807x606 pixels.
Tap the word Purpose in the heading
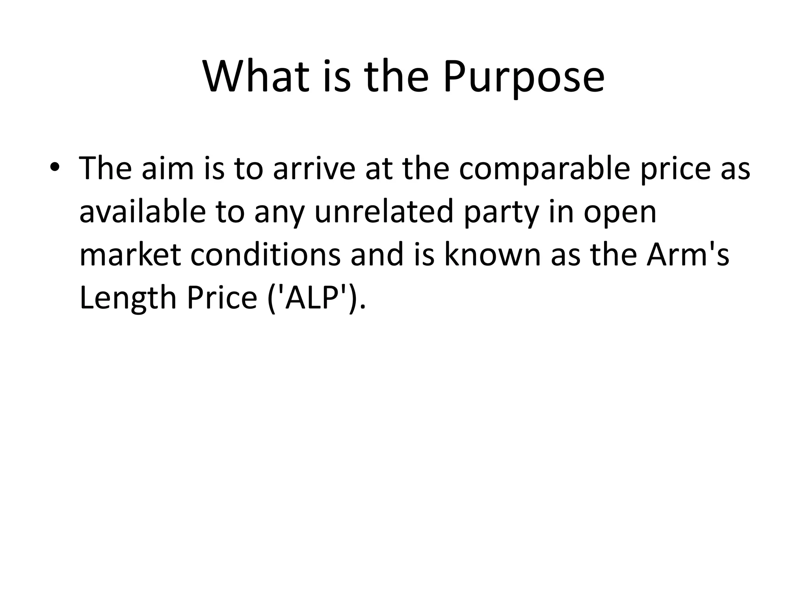523,77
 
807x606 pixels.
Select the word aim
167,168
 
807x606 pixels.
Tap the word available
142,212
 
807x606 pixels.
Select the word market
130,255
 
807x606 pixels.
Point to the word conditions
265,255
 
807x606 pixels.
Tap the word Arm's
688,255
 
